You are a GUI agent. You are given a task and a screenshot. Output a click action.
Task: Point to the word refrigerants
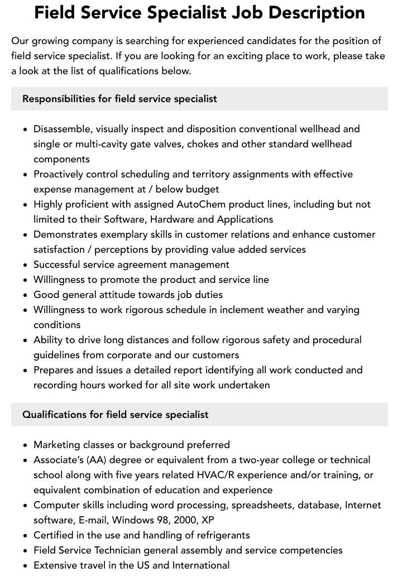[x=219, y=535]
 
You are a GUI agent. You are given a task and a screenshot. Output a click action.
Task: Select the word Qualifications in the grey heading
[x=54, y=415]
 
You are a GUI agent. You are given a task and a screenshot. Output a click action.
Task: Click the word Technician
[x=133, y=550]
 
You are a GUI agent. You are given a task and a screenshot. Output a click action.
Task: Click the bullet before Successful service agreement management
[x=25, y=264]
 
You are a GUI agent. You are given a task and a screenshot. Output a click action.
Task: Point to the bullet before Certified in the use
[x=25, y=535]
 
